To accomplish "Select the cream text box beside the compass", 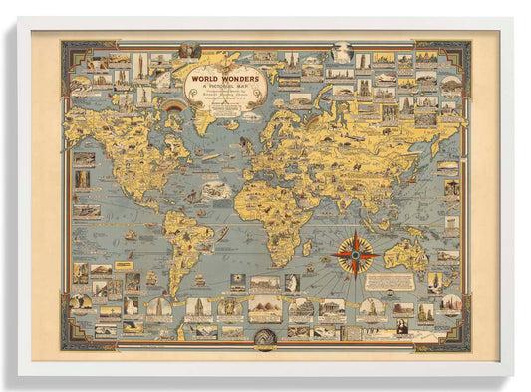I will click(390, 282).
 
